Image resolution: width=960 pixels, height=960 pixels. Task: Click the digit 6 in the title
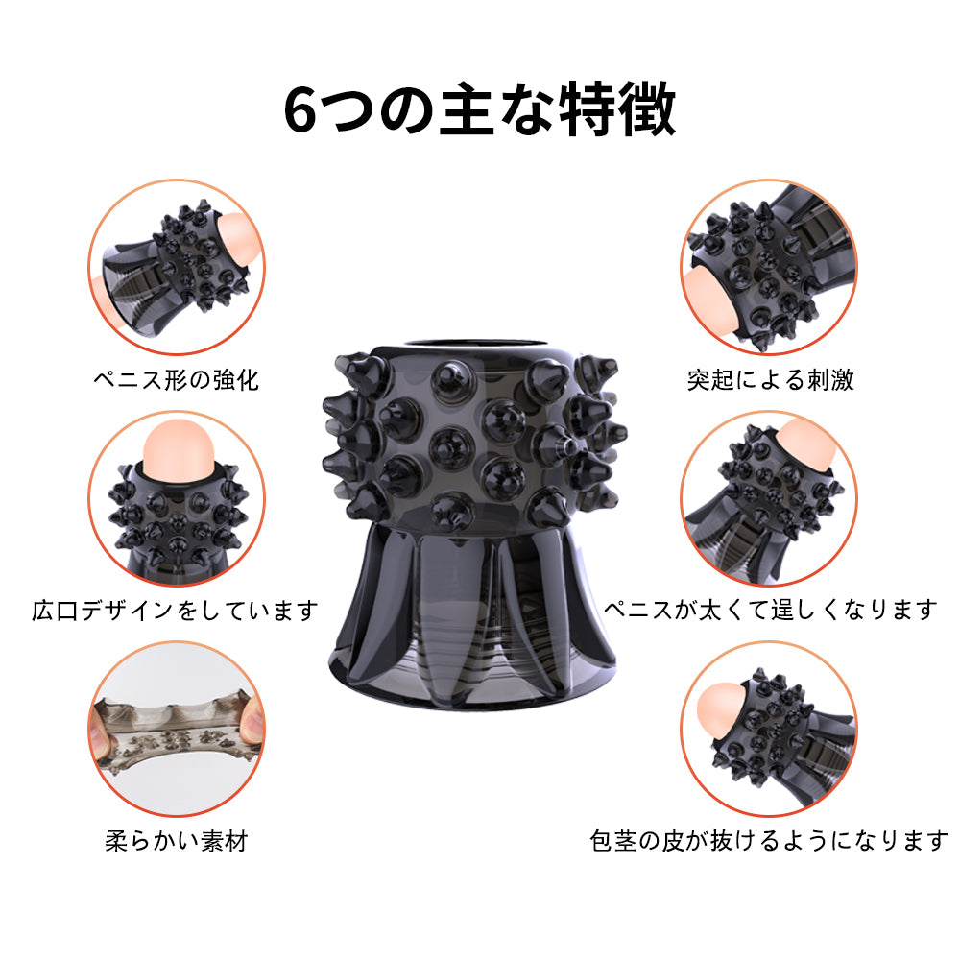[300, 110]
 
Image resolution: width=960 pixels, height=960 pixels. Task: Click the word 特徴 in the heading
[619, 109]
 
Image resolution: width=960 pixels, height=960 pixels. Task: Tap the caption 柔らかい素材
[177, 841]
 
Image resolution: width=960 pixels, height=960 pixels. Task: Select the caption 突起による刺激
[770, 379]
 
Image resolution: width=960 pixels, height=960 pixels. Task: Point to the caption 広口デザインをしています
[175, 611]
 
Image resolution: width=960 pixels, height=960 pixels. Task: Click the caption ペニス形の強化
[177, 379]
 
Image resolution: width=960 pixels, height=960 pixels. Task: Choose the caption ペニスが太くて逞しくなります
[770, 610]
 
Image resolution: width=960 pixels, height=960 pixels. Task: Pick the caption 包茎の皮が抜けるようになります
[769, 841]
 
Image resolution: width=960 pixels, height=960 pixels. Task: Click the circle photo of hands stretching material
[177, 730]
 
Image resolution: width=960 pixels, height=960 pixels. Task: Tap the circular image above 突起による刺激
[769, 267]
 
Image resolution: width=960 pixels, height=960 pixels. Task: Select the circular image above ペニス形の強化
[177, 267]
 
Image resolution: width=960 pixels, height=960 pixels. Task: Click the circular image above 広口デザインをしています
[177, 498]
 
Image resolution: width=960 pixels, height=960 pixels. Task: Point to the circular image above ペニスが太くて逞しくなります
[769, 498]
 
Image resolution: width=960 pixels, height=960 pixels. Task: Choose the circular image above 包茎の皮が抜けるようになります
[769, 730]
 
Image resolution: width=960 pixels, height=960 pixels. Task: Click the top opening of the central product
[470, 344]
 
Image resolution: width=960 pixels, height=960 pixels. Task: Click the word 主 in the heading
[467, 110]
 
